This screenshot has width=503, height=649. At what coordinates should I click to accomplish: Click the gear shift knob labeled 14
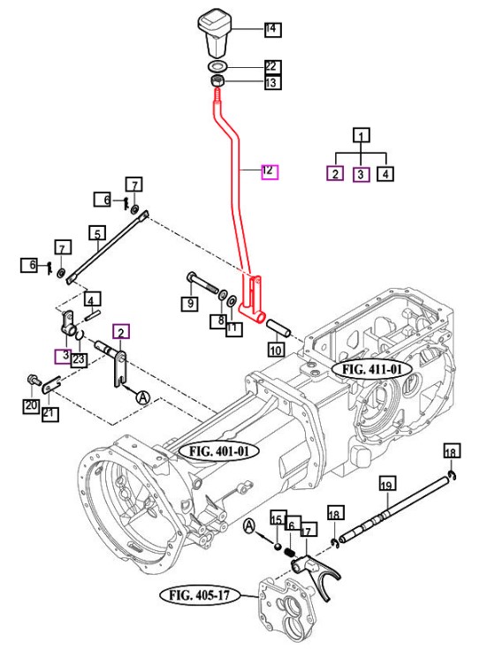coord(215,34)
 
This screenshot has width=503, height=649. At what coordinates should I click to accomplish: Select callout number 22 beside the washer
coord(272,66)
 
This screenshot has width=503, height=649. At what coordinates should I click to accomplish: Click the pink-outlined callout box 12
coord(270,171)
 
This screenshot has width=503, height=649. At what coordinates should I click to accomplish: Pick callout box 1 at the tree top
coord(362,135)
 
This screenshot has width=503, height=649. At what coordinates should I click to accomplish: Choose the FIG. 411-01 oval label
coord(372,369)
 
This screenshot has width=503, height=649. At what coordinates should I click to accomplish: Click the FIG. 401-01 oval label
coord(219,450)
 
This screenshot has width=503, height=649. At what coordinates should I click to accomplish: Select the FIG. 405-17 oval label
coord(200,596)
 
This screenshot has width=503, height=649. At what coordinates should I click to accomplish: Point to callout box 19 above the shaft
coord(387,484)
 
